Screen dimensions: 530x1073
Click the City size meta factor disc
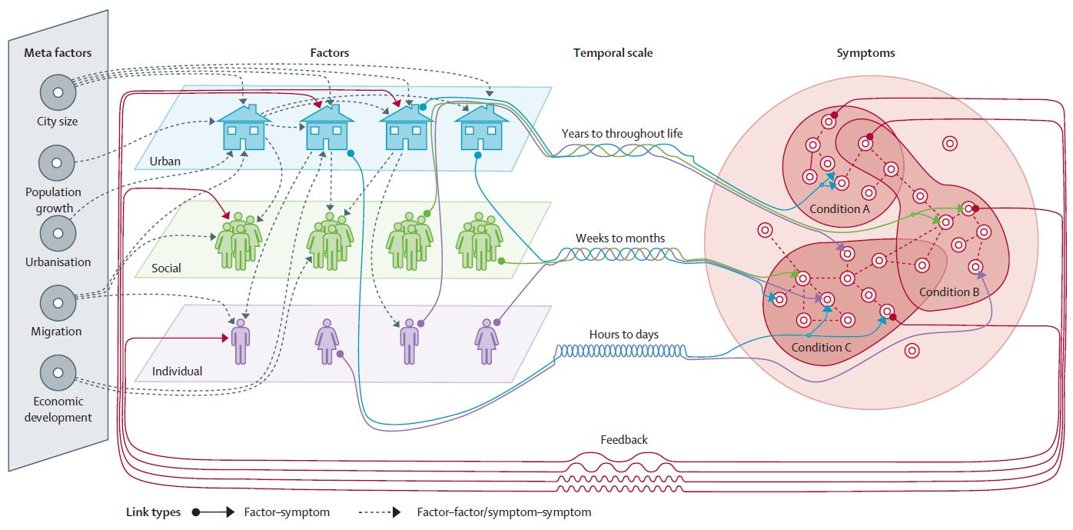[58, 92]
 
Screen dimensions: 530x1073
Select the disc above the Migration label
[58, 302]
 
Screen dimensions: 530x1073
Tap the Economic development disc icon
[58, 372]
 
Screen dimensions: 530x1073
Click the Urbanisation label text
[58, 262]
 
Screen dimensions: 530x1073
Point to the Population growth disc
[58, 162]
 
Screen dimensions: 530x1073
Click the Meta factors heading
[58, 53]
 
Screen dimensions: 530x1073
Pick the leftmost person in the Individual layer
[241, 341]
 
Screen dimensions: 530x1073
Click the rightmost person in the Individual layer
[487, 341]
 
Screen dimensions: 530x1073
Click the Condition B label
[949, 292]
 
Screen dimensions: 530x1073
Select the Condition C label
[822, 347]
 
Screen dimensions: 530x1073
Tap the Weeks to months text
[620, 238]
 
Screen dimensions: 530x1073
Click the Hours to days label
[623, 335]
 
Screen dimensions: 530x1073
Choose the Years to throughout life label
[622, 134]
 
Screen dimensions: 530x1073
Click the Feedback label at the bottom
[623, 440]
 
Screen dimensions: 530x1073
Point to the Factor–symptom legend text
[287, 512]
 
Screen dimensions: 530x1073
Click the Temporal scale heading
[613, 53]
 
